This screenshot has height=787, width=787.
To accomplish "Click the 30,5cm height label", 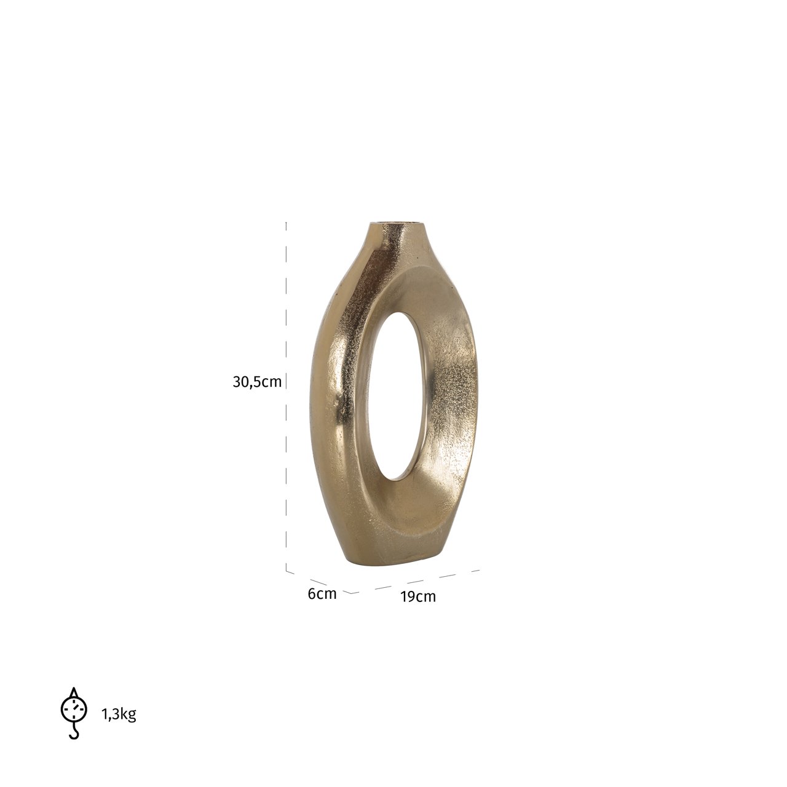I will click(257, 382).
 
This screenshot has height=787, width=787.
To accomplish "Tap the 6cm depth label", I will click(322, 594).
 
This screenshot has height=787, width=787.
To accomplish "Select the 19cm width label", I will click(418, 596).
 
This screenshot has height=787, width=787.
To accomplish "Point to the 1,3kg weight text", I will click(119, 714).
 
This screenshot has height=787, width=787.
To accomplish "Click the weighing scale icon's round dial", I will click(74, 708).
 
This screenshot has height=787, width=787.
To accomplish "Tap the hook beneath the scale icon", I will click(74, 732).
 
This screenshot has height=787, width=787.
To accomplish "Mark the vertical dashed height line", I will click(287, 393).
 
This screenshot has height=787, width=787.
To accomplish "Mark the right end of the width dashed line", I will click(478, 571).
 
